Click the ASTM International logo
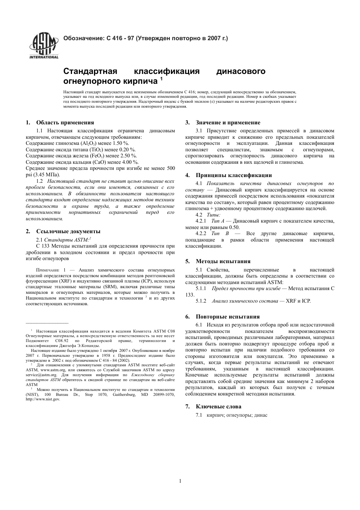(44, 46)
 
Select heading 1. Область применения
(60, 122)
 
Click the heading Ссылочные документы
(68, 231)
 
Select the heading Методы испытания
(223, 261)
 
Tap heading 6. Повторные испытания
(227, 317)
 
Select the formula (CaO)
(100, 162)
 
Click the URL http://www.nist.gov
(43, 399)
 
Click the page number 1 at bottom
(180, 481)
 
